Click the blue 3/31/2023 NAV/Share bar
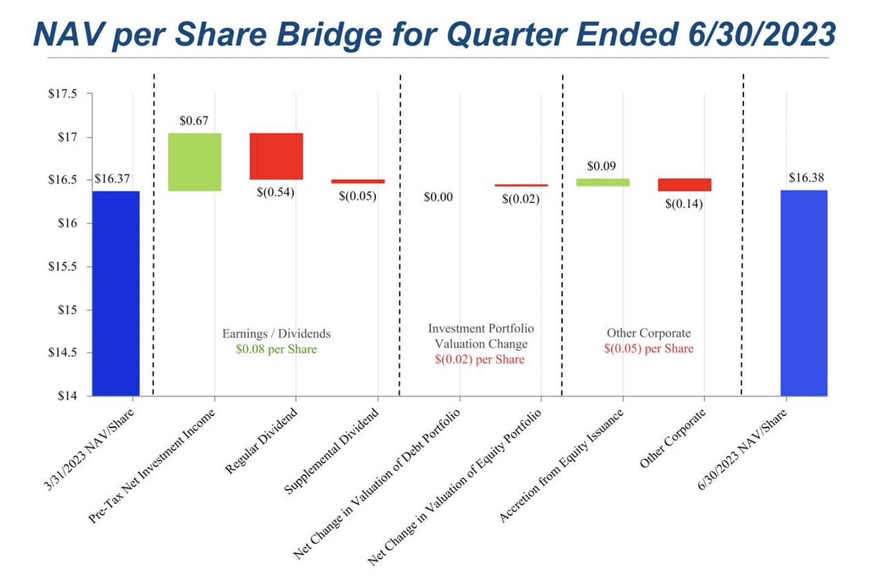click(116, 293)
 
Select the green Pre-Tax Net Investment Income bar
click(195, 162)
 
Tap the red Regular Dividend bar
click(276, 156)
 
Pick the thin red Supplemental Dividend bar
click(358, 181)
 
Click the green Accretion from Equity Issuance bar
click(603, 182)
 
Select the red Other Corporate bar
click(684, 185)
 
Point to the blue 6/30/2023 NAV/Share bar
click(804, 293)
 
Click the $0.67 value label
click(194, 121)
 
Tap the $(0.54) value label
click(275, 193)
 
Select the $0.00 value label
click(438, 197)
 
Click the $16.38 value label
click(806, 178)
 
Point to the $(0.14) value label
click(684, 204)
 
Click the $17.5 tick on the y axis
click(63, 94)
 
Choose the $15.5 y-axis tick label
click(63, 266)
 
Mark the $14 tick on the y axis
click(67, 396)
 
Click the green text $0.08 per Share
click(276, 349)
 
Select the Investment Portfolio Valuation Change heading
click(480, 336)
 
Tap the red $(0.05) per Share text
click(648, 348)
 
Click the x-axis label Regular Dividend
click(261, 441)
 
